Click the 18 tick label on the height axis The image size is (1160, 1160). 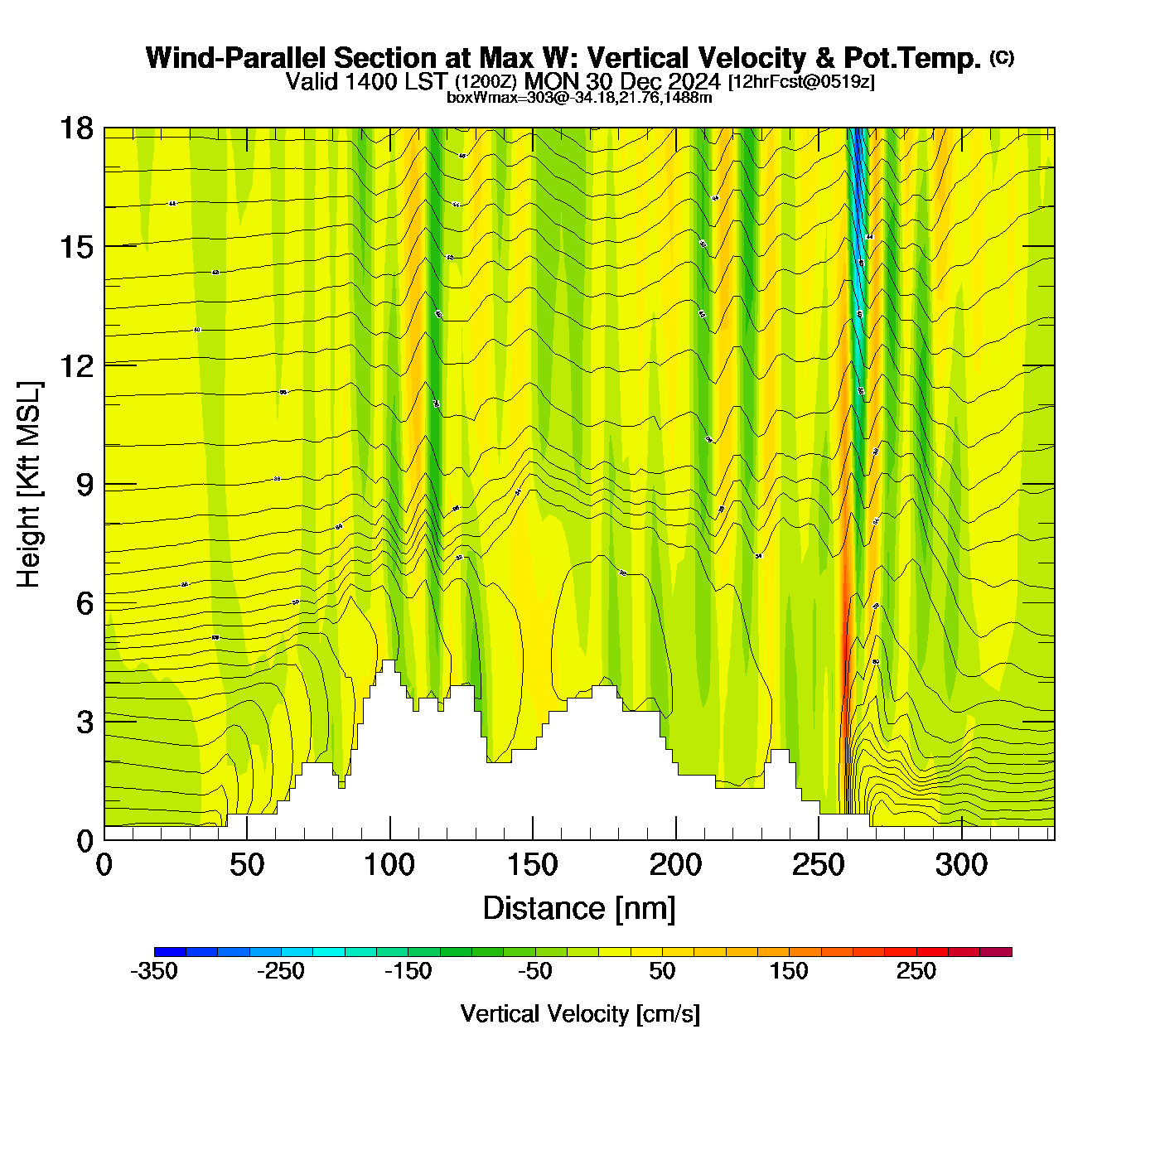tap(75, 128)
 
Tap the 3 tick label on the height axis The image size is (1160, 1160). tap(85, 723)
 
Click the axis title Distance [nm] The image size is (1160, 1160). tap(579, 909)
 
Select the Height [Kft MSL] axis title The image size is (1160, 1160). tap(29, 485)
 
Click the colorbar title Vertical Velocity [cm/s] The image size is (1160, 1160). tap(580, 1013)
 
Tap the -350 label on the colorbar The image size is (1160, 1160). tap(154, 971)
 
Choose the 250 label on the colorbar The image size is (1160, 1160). tap(916, 971)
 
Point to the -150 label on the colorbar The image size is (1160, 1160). tap(408, 971)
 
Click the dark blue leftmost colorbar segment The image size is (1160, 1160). tap(170, 952)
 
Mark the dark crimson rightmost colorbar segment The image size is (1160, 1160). tap(996, 952)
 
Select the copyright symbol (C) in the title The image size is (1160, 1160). tap(1002, 57)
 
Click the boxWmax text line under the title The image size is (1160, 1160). tap(579, 97)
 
